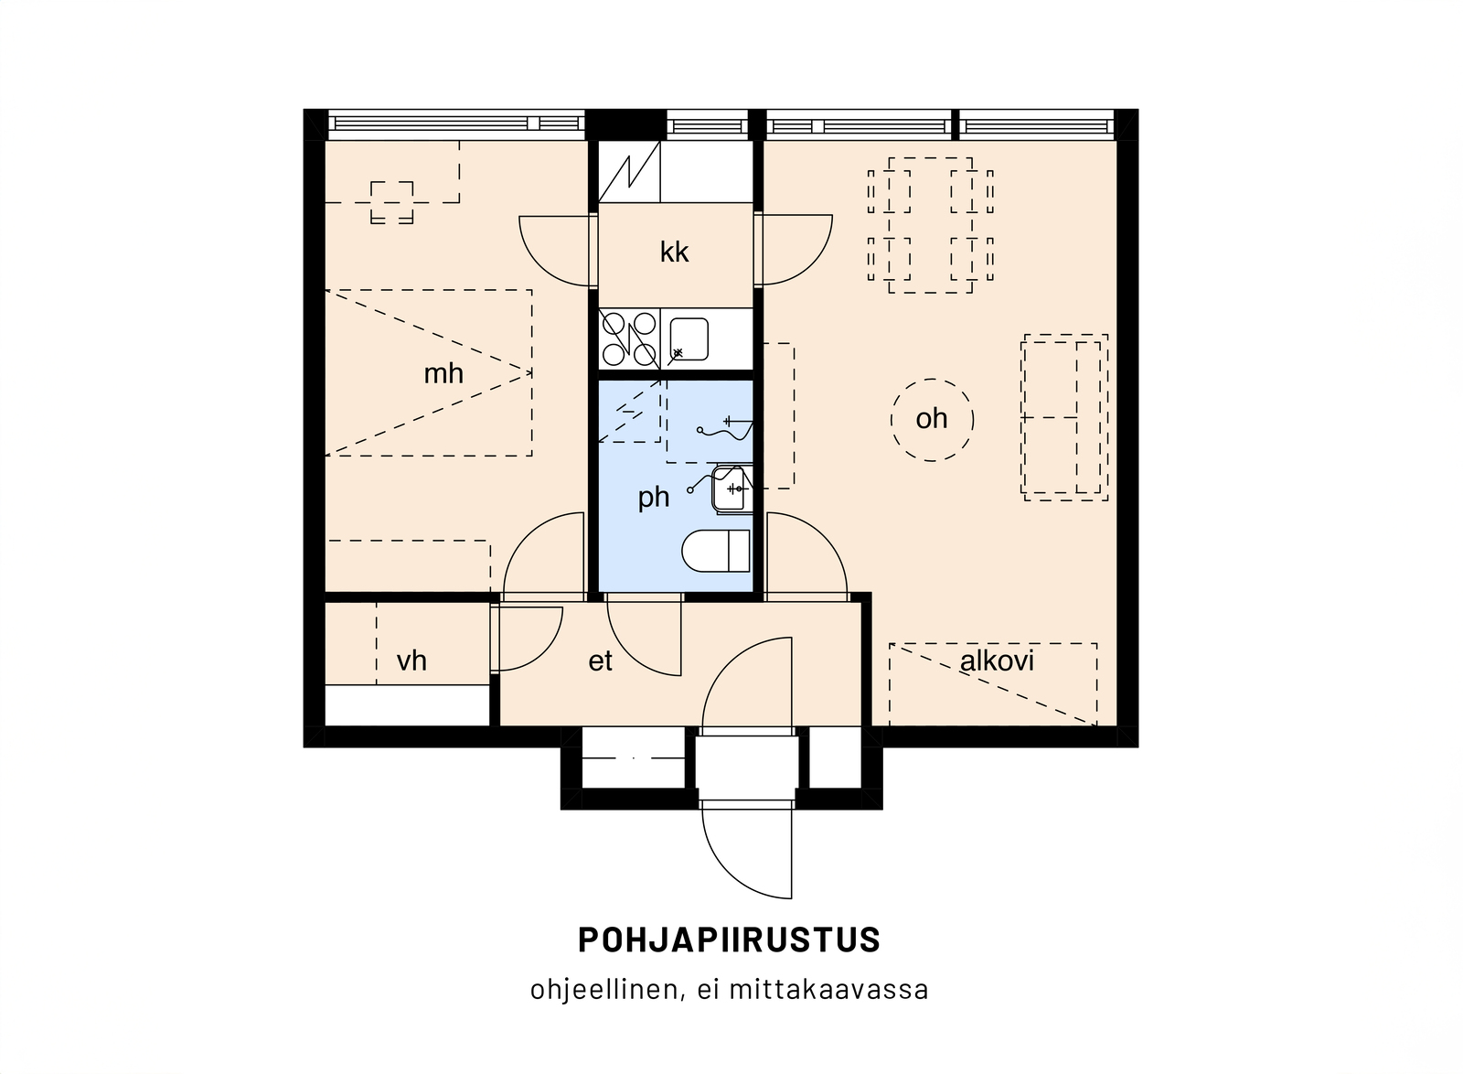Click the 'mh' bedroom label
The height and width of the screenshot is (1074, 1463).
click(443, 373)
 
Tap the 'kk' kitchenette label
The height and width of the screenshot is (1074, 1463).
click(674, 252)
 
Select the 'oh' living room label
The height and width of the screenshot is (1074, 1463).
click(932, 419)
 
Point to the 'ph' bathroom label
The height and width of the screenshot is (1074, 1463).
click(653, 498)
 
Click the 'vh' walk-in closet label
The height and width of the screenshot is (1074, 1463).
click(411, 661)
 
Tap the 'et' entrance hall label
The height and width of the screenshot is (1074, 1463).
click(600, 661)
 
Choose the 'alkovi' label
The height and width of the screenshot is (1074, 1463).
click(997, 661)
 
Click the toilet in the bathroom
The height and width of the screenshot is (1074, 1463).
click(716, 551)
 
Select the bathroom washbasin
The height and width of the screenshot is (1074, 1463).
click(731, 489)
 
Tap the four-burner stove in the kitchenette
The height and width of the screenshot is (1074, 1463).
click(629, 339)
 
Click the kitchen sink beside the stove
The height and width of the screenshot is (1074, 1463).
click(689, 339)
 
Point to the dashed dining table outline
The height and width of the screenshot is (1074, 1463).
click(930, 225)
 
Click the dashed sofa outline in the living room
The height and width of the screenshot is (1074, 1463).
click(1064, 417)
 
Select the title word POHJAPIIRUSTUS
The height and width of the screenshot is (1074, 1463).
click(730, 940)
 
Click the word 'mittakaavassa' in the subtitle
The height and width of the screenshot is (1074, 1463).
click(828, 989)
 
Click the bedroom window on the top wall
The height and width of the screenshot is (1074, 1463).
click(456, 124)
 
